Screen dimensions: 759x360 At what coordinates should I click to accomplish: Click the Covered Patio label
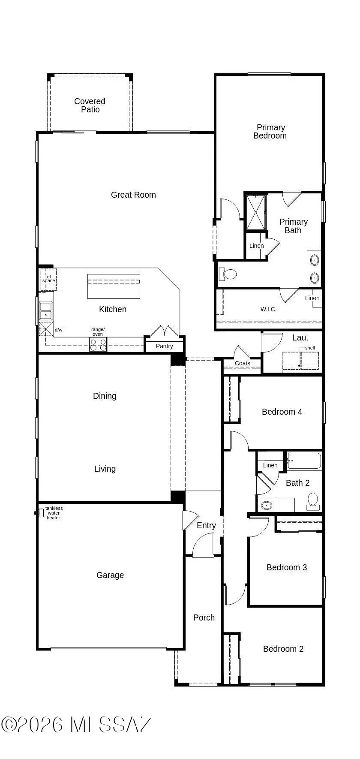(x=90, y=105)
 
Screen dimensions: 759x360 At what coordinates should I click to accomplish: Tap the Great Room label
(x=133, y=195)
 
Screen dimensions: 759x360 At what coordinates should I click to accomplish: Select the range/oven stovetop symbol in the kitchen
(x=98, y=345)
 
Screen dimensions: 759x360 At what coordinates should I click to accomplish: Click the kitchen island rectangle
(x=114, y=286)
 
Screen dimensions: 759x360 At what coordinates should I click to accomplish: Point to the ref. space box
(x=48, y=279)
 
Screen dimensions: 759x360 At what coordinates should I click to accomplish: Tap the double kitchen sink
(x=45, y=311)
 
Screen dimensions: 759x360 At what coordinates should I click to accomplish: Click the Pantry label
(x=165, y=346)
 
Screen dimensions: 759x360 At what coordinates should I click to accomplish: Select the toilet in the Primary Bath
(x=228, y=274)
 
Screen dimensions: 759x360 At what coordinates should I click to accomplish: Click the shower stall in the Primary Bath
(x=256, y=212)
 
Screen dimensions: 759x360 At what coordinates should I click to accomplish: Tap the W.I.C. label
(x=268, y=309)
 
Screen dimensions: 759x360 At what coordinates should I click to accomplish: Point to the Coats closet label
(x=243, y=363)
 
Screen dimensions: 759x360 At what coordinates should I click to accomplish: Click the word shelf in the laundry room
(x=310, y=348)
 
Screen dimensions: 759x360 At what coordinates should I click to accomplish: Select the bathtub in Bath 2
(x=304, y=461)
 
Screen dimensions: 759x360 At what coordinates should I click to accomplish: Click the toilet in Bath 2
(x=313, y=501)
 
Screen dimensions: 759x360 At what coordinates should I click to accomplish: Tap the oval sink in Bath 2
(x=267, y=505)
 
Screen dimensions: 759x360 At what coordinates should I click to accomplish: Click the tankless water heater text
(x=54, y=513)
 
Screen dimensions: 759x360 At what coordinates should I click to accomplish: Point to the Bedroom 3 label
(x=287, y=567)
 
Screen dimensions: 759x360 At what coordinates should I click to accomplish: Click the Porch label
(x=204, y=617)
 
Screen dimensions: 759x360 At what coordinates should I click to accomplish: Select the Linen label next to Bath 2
(x=270, y=465)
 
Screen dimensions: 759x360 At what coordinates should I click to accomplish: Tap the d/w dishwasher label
(x=59, y=330)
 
